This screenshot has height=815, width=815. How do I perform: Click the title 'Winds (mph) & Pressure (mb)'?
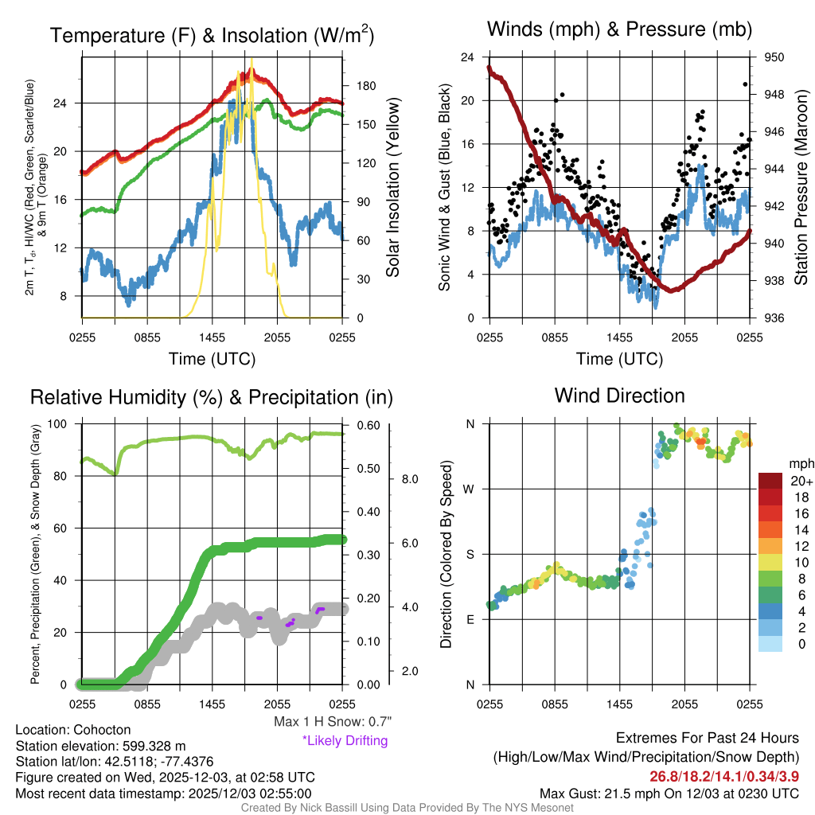click(x=619, y=30)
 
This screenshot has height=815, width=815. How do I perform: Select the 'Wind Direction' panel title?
click(x=619, y=396)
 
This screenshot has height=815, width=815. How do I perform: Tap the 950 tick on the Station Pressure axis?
click(x=774, y=57)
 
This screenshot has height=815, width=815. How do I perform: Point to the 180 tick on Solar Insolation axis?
click(x=362, y=85)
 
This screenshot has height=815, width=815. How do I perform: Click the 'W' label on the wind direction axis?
click(x=470, y=489)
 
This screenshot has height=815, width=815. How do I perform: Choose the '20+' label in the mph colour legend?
click(x=801, y=481)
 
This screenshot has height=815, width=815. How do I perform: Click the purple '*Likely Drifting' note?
click(x=345, y=741)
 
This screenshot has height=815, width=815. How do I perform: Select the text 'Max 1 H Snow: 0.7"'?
click(x=332, y=722)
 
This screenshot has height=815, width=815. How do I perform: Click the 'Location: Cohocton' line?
click(x=73, y=730)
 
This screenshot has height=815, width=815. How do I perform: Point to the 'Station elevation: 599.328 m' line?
click(x=100, y=746)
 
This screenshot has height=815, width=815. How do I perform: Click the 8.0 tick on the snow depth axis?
click(x=409, y=479)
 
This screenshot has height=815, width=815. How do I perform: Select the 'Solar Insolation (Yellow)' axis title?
click(x=392, y=188)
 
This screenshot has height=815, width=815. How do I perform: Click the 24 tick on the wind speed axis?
click(x=468, y=57)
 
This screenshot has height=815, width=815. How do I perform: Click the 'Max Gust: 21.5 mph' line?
click(x=669, y=793)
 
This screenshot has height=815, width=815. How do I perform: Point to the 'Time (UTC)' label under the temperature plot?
click(x=213, y=359)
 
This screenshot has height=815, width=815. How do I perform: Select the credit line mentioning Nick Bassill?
click(x=407, y=808)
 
